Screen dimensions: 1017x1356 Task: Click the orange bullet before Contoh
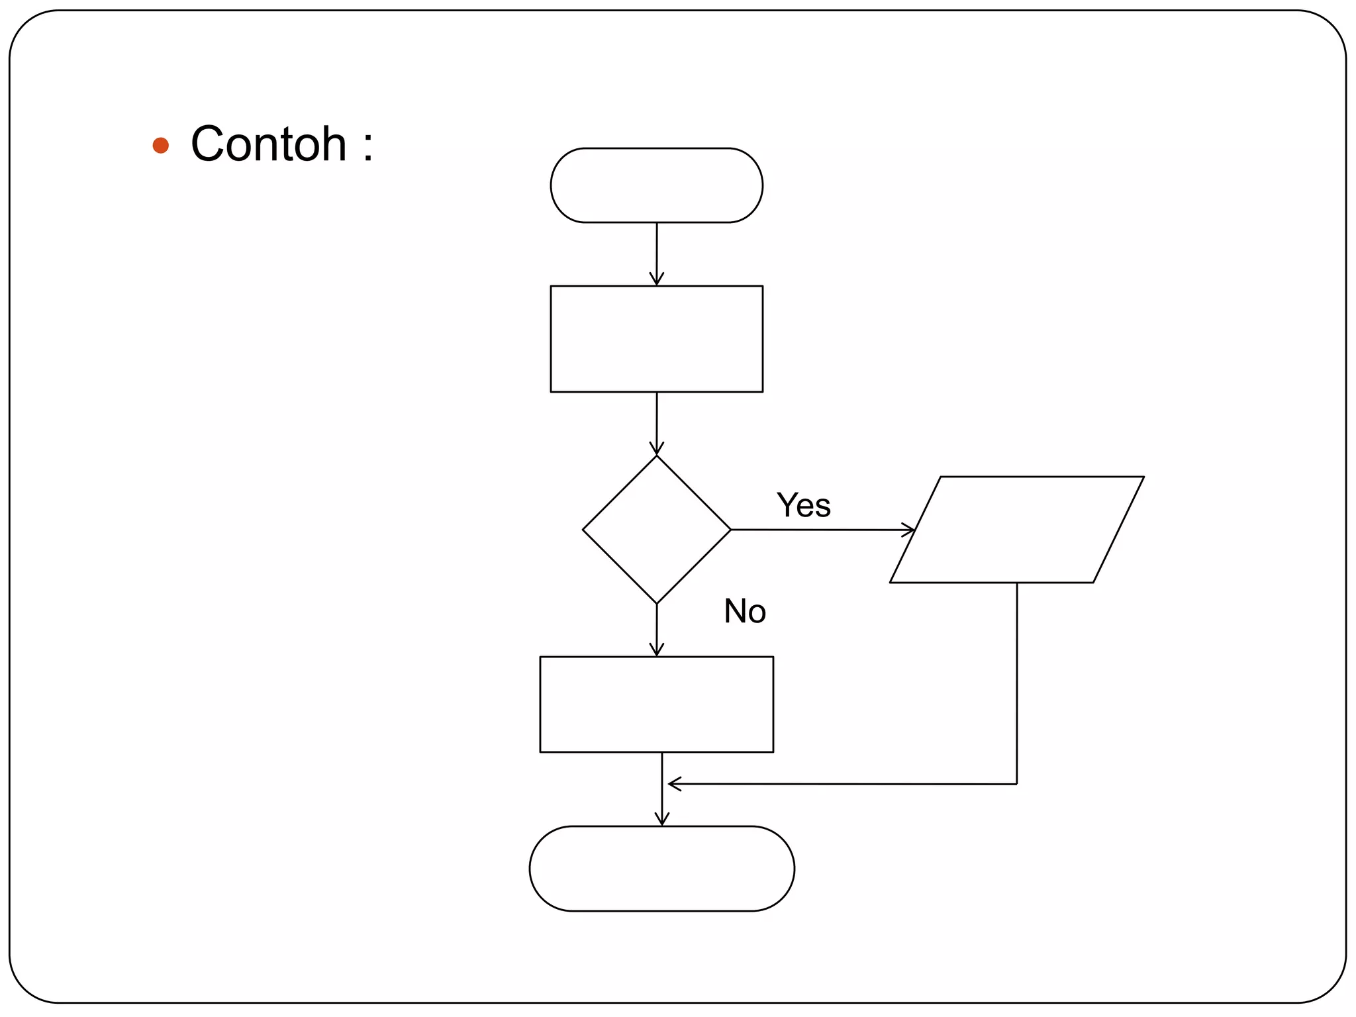pyautogui.click(x=160, y=145)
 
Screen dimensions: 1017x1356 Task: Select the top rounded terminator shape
pyautogui.click(x=656, y=185)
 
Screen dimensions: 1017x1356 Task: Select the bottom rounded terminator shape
pyautogui.click(x=661, y=868)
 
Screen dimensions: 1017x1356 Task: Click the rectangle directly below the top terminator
pyautogui.click(x=656, y=338)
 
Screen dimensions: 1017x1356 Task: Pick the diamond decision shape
pyautogui.click(x=656, y=529)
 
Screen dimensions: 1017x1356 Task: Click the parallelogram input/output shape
pyautogui.click(x=1016, y=529)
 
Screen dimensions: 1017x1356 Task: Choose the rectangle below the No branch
pyautogui.click(x=656, y=704)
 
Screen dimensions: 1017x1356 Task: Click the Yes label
pyautogui.click(x=803, y=505)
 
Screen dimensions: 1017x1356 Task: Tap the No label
pyautogui.click(x=744, y=610)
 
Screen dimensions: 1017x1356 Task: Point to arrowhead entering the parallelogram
pyautogui.click(x=910, y=530)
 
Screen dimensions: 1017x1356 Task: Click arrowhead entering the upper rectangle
pyautogui.click(x=656, y=280)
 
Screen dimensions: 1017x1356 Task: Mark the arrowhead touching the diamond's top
pyautogui.click(x=656, y=450)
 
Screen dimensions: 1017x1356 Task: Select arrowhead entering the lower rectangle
pyautogui.click(x=656, y=651)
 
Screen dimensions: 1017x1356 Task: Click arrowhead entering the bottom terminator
pyautogui.click(x=661, y=820)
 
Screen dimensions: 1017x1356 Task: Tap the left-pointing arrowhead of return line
pyautogui.click(x=673, y=784)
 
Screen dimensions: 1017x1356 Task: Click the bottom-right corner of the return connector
pyautogui.click(x=1016, y=784)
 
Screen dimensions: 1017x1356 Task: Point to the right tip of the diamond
pyautogui.click(x=730, y=530)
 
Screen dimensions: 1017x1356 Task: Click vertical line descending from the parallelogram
pyautogui.click(x=1016, y=682)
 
